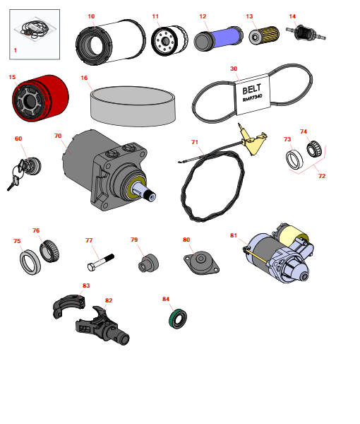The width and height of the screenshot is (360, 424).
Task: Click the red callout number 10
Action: (91, 16)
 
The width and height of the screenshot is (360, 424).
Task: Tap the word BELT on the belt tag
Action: (252, 88)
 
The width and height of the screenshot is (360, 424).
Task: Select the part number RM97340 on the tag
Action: (252, 98)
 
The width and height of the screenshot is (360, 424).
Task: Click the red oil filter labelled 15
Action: (40, 98)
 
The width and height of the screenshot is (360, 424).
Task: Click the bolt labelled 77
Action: (100, 262)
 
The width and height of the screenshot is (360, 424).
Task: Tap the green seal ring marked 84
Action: (178, 318)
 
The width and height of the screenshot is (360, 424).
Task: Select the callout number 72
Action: (322, 176)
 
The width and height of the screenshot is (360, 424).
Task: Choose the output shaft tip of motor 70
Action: (150, 195)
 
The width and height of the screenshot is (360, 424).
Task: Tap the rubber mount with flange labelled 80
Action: (201, 262)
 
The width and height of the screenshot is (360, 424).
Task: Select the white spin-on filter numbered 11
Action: (169, 40)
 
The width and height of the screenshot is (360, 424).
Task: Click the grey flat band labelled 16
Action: (133, 106)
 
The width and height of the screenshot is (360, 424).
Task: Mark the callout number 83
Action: (86, 285)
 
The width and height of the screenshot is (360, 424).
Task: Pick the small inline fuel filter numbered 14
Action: (306, 33)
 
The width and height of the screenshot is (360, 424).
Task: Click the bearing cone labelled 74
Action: (314, 148)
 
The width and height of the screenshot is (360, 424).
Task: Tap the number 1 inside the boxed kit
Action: (15, 50)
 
